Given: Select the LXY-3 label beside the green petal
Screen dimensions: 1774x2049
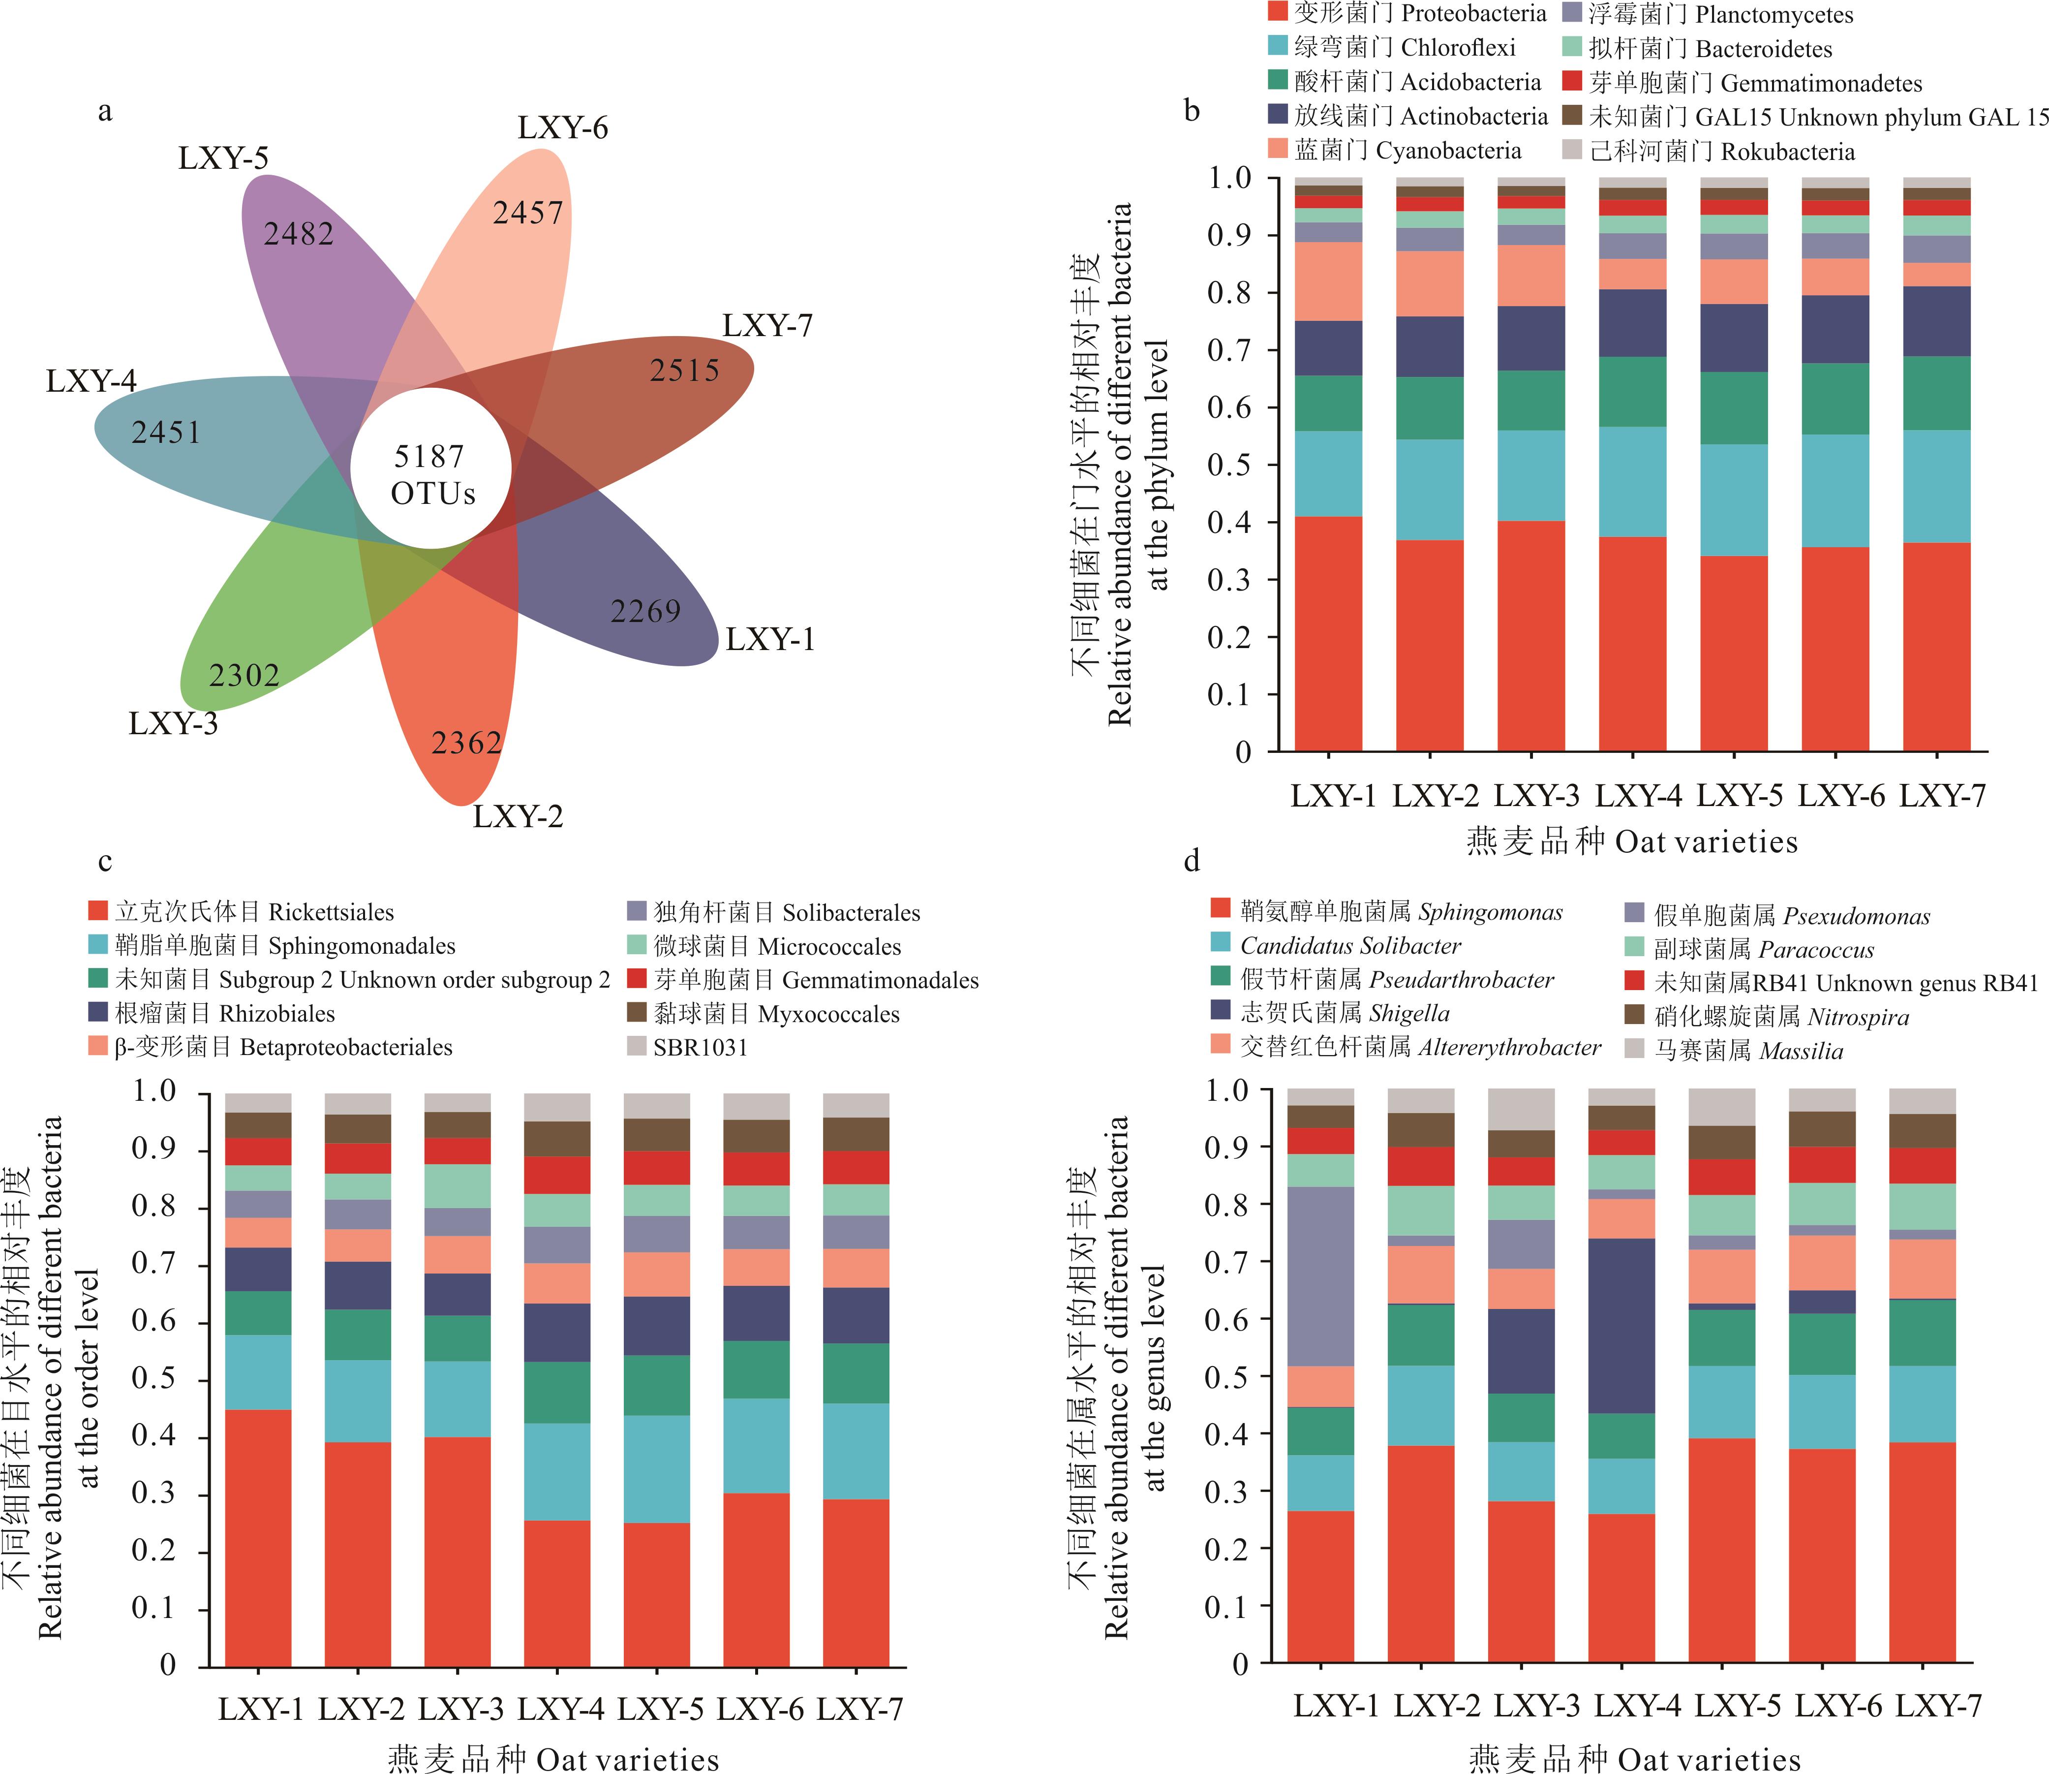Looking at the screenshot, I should click(x=173, y=724).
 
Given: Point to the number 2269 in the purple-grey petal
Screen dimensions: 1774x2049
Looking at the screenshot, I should click(x=645, y=611).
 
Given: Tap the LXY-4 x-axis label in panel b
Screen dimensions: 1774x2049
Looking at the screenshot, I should click(x=1638, y=795).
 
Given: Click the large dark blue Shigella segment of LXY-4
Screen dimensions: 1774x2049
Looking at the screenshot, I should click(x=1621, y=1327).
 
